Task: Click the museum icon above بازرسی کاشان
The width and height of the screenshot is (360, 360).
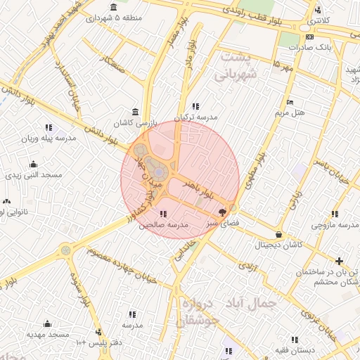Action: tap(135, 112)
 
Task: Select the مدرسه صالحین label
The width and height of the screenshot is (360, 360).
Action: tap(163, 225)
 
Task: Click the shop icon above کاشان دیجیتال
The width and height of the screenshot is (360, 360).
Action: tap(280, 234)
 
